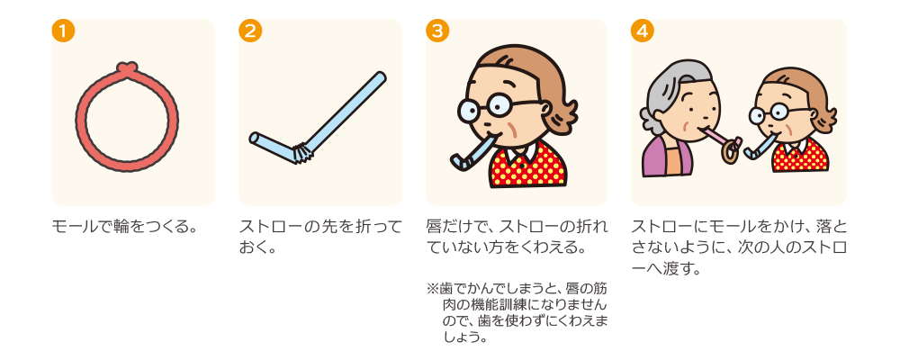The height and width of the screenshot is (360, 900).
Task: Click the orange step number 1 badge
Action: click(x=63, y=31)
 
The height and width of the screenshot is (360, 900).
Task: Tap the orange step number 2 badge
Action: click(x=250, y=31)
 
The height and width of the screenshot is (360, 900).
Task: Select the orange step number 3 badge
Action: click(x=437, y=31)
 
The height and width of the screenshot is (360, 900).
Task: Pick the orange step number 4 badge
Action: click(x=643, y=31)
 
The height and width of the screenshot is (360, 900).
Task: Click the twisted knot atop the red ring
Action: click(x=127, y=67)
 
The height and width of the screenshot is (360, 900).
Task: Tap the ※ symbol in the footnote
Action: click(x=432, y=286)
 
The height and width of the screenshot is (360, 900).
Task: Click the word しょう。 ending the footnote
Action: click(x=465, y=337)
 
